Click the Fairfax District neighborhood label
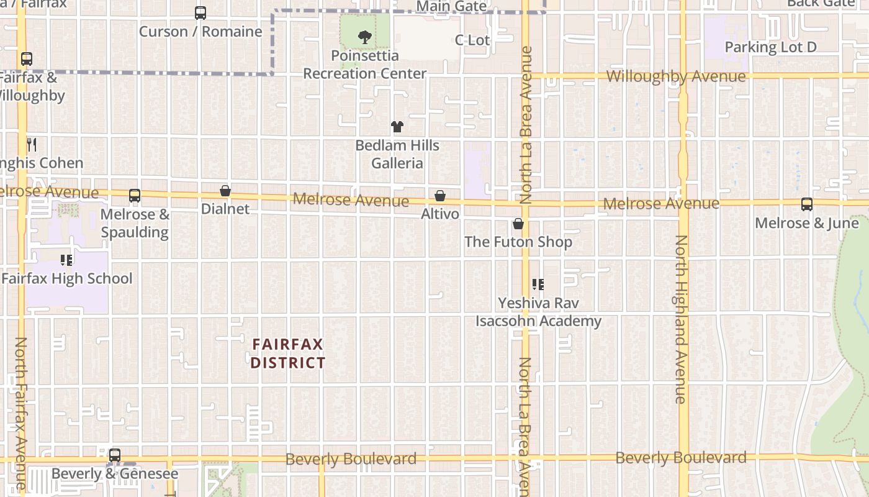[288, 353]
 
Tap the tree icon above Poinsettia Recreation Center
[365, 37]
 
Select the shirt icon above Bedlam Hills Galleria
[397, 127]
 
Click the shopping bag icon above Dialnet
[225, 191]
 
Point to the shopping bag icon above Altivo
[440, 196]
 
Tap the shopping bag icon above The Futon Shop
[518, 224]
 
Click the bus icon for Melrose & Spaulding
[135, 196]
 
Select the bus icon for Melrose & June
[807, 204]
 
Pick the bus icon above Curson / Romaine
[200, 13]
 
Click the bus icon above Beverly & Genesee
[115, 455]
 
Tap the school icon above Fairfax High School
[66, 260]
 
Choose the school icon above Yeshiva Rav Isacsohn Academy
[538, 285]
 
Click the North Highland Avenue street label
[682, 319]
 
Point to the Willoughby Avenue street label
[676, 77]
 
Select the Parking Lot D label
[770, 47]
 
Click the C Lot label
[472, 40]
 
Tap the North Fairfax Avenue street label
[21, 413]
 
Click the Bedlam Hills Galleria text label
[397, 154]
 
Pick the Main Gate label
[451, 6]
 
